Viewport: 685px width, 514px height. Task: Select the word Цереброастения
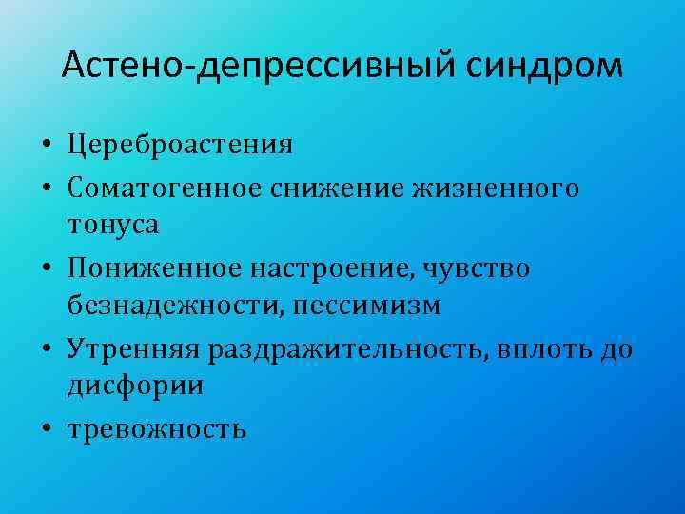pos(180,145)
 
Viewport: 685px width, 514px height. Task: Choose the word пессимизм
pos(367,306)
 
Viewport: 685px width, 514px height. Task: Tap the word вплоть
pos(552,348)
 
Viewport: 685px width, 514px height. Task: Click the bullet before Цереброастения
pos(46,147)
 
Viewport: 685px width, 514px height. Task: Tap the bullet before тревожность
pos(46,430)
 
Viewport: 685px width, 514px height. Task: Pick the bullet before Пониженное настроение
pos(46,270)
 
